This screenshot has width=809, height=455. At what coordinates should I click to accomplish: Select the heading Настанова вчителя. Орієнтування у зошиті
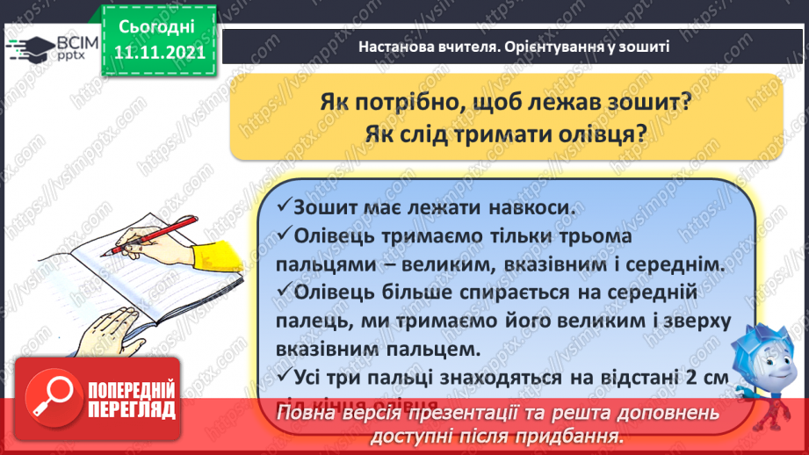point(514,47)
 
